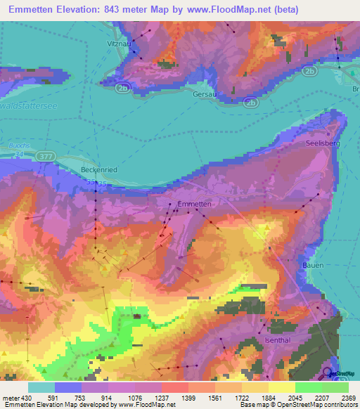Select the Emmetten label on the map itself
pos(195,204)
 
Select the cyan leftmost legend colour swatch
pos(41,387)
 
